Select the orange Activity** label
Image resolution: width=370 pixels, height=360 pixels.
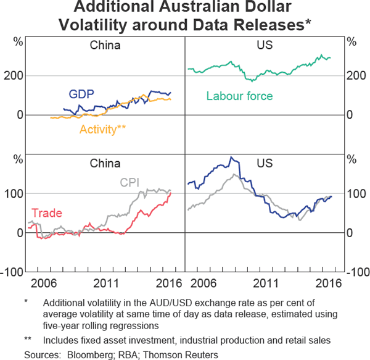point(102,129)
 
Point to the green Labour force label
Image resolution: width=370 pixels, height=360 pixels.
point(239,96)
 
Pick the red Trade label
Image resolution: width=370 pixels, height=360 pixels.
point(46,213)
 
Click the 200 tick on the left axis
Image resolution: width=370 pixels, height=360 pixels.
point(15,76)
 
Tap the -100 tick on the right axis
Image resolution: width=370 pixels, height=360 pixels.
point(356,272)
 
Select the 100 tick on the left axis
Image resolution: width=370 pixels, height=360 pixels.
point(15,193)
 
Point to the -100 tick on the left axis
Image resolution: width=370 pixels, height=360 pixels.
point(13,272)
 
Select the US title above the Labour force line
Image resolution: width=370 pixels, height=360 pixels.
point(264,45)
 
